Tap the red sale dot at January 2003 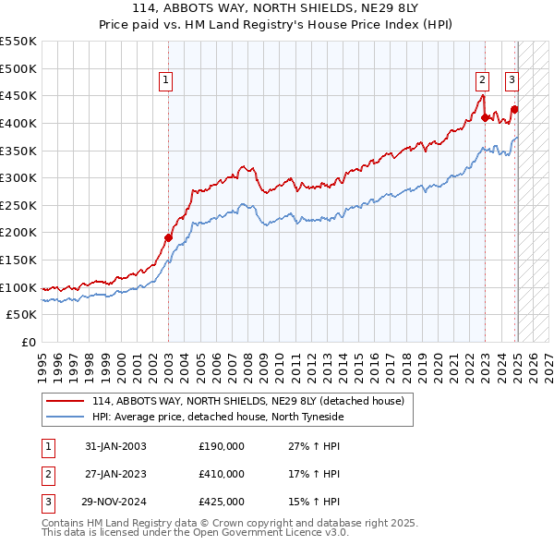169,237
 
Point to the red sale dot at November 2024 515,109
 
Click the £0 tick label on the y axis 28,342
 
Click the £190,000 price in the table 222,446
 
